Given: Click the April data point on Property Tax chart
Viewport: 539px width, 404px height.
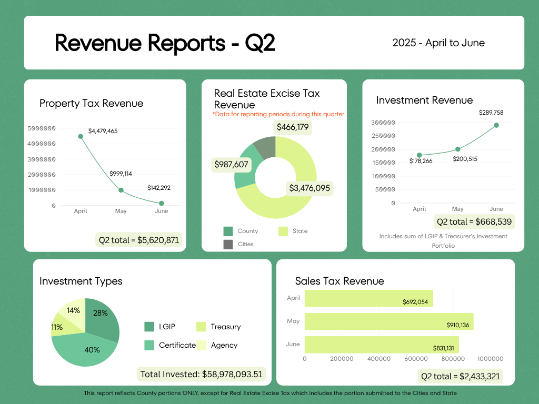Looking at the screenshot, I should click(x=81, y=136).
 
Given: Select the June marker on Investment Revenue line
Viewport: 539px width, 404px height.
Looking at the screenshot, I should click(x=496, y=125).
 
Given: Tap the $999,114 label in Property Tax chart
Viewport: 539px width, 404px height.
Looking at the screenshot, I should click(x=121, y=174).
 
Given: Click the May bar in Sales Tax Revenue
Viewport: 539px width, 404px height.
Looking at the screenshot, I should click(x=389, y=321).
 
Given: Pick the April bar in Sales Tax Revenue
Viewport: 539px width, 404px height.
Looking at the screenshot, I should click(x=368, y=298).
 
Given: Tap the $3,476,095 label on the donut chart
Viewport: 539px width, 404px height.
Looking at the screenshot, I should click(x=310, y=188).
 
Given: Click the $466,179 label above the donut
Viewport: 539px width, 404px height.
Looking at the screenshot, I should click(x=293, y=127).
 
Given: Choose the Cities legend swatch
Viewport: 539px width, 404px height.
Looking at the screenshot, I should click(x=228, y=244).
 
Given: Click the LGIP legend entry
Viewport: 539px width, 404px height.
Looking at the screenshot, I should click(x=159, y=327).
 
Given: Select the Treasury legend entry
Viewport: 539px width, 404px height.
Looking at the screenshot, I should click(x=218, y=327).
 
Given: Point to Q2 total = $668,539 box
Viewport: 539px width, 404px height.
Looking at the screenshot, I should click(x=474, y=221).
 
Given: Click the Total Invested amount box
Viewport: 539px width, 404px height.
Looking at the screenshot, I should click(x=201, y=374).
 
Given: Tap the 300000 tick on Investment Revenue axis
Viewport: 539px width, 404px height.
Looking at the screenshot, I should click(x=383, y=123).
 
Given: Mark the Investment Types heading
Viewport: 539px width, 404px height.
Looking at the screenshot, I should click(x=81, y=281).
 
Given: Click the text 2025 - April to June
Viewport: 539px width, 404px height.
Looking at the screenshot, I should click(x=438, y=43).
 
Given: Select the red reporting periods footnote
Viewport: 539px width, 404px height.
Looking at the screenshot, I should click(x=278, y=114).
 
